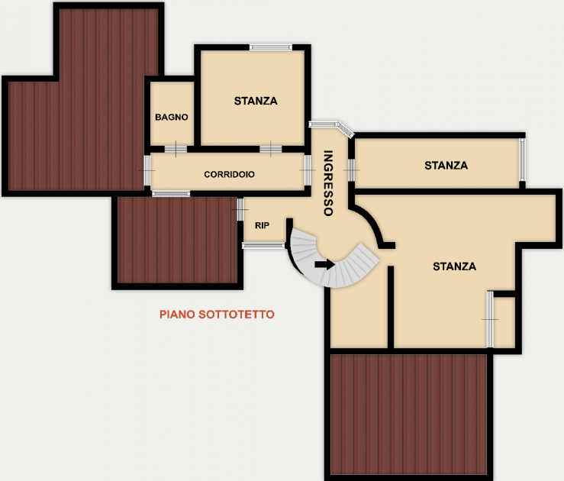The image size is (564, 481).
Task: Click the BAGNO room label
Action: (x=172, y=117)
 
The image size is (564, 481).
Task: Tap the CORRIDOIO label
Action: (x=229, y=175)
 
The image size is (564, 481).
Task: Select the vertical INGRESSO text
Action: (x=328, y=182)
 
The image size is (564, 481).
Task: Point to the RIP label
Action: (x=262, y=225)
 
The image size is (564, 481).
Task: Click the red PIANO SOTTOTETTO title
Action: (x=217, y=315)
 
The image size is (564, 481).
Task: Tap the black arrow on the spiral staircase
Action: (x=325, y=265)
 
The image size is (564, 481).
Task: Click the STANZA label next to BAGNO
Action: (x=256, y=101)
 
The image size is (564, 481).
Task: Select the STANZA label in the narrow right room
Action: (x=446, y=166)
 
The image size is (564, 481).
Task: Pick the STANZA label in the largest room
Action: (x=454, y=266)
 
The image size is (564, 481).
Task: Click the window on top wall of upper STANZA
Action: (x=271, y=47)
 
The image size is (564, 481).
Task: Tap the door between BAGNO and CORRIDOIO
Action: (x=176, y=149)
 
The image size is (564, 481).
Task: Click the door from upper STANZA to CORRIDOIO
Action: (x=271, y=149)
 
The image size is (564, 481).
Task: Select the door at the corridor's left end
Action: (x=147, y=170)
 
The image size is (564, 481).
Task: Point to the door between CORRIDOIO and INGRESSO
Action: (x=308, y=170)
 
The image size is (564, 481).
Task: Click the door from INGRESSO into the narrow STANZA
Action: (x=351, y=170)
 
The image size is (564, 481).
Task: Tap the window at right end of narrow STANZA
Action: (x=522, y=160)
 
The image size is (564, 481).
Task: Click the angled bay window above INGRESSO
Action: (x=331, y=128)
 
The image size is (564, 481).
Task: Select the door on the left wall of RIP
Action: (x=240, y=209)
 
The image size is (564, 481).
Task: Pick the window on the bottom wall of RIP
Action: (x=263, y=246)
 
